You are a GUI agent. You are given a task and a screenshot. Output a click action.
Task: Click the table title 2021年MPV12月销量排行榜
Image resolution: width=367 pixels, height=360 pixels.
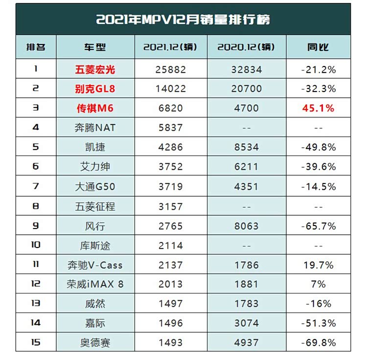coord(183,20)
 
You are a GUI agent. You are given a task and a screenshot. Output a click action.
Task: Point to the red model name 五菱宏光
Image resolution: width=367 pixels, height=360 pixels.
coord(95,70)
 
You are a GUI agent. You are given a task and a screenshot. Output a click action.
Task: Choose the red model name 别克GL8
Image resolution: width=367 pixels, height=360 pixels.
coord(95,89)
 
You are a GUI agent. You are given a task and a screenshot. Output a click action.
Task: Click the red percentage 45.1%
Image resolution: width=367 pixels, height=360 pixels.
coord(318,109)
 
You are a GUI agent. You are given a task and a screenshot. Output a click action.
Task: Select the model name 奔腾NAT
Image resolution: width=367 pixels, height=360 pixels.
coord(95,128)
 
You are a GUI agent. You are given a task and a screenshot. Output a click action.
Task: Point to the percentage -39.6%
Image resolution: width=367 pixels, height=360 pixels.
coord(318,167)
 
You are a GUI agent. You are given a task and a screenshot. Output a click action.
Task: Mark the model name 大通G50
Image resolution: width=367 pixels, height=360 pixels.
coord(95,186)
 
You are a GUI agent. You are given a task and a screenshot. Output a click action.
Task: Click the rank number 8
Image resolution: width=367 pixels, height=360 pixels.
coord(36,206)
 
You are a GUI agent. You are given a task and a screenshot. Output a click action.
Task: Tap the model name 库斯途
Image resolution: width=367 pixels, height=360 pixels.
coord(95,246)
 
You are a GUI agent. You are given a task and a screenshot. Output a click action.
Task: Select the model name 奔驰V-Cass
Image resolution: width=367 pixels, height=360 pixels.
coord(95,265)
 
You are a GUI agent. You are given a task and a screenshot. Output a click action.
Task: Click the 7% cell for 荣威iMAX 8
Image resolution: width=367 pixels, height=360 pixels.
coord(318,284)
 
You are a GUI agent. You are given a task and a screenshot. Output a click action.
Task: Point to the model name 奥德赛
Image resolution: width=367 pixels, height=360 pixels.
coord(95,342)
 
